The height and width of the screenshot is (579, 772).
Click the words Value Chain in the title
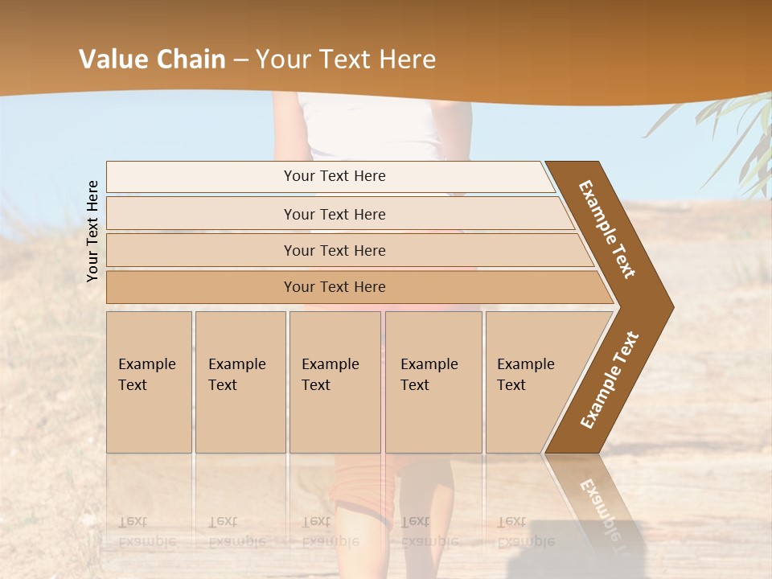[152, 60]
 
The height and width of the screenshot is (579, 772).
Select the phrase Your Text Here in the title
[346, 60]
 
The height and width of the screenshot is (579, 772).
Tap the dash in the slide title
[240, 60]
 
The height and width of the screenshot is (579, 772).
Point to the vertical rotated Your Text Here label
[92, 231]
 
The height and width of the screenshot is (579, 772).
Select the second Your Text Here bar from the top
[335, 214]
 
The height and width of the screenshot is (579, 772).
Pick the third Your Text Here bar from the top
[335, 250]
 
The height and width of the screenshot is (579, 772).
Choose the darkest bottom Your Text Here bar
[335, 287]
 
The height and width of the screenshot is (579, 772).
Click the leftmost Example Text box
[149, 382]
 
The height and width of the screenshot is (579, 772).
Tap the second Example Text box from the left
[240, 382]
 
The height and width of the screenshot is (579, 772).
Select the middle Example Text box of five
[335, 382]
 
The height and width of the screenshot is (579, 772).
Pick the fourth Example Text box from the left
[433, 382]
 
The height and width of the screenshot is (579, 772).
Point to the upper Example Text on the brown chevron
[607, 228]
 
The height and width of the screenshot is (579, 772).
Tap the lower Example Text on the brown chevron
[610, 380]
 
